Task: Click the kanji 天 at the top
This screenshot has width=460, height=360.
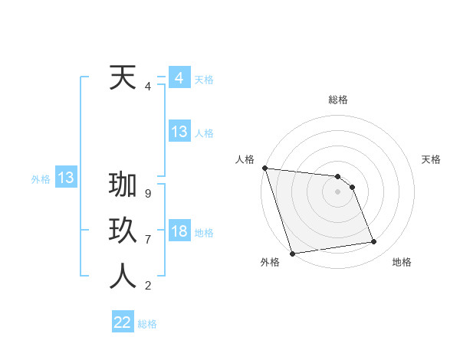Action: click(123, 78)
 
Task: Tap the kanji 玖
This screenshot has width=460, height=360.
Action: click(123, 232)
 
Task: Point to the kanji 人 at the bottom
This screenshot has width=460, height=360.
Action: click(123, 277)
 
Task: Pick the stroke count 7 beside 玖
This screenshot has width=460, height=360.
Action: click(147, 239)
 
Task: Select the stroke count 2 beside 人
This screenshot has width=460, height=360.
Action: click(147, 286)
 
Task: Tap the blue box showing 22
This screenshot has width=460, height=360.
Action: click(123, 322)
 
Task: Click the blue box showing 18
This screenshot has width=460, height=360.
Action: click(179, 231)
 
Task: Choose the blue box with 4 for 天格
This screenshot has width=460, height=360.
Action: click(179, 78)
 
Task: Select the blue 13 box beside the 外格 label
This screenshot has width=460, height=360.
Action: click(66, 178)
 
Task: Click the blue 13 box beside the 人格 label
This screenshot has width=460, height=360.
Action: click(179, 132)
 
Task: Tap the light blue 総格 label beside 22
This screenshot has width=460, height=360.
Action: click(147, 324)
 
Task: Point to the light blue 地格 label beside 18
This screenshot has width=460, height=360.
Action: click(204, 233)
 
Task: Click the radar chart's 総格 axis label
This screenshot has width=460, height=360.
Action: click(338, 100)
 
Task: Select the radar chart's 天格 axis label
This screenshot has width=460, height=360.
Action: click(431, 159)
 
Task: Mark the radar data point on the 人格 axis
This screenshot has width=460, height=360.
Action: click(264, 168)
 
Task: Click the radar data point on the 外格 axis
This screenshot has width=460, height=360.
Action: click(292, 254)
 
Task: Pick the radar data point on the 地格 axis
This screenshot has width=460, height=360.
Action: click(374, 242)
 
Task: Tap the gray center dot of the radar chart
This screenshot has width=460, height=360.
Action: click(338, 191)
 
